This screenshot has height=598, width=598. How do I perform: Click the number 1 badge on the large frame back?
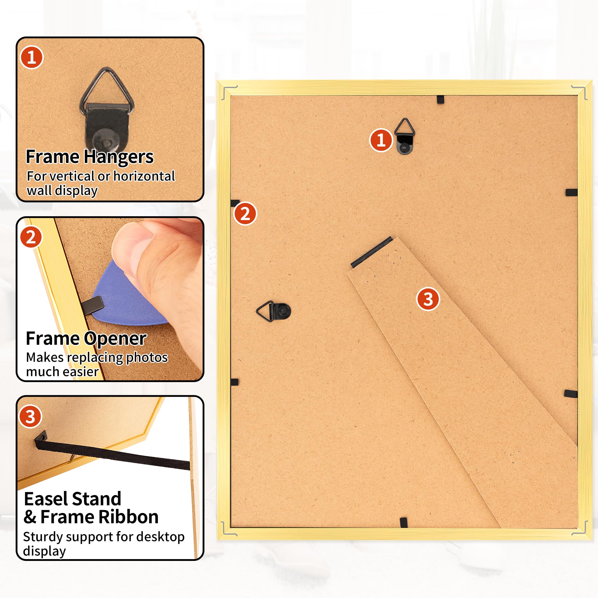[381, 140]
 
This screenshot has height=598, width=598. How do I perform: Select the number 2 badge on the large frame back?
[245, 213]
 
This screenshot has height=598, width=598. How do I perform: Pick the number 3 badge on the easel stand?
[428, 299]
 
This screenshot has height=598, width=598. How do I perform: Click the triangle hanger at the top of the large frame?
[405, 136]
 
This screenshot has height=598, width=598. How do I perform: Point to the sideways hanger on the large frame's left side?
[274, 311]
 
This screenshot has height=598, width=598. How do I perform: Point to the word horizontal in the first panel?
[144, 176]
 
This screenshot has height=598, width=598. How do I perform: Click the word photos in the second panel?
[147, 358]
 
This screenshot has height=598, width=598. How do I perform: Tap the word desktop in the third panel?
[160, 537]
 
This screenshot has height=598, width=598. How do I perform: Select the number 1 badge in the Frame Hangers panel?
[32, 58]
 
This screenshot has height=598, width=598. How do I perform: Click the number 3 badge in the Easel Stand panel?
[30, 417]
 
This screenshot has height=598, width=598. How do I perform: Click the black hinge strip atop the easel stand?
[372, 252]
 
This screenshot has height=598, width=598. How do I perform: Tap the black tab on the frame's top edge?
[440, 100]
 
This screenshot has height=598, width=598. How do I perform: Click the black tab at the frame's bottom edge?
[404, 523]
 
